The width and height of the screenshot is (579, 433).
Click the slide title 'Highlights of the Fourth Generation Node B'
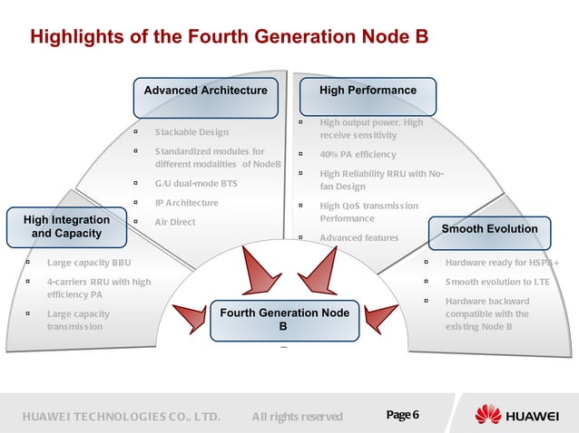point(229,37)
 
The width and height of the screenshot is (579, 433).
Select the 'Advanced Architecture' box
point(206,91)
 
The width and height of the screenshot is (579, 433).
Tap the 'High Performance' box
point(368,91)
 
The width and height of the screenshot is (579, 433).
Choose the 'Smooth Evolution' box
point(489,229)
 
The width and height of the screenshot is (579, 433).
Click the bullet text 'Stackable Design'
point(191,132)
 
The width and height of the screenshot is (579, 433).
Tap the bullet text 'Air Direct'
point(174,221)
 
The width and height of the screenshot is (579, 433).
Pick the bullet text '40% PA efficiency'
point(358,154)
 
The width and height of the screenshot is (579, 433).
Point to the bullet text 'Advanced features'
point(358,238)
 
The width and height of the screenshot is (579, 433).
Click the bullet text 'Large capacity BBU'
point(89,264)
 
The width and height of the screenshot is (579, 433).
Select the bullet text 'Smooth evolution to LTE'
point(497,282)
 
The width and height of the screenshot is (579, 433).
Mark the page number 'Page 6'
point(402,416)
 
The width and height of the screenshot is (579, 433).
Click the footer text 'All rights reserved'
point(297,417)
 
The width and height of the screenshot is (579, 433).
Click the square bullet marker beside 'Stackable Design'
point(136,132)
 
